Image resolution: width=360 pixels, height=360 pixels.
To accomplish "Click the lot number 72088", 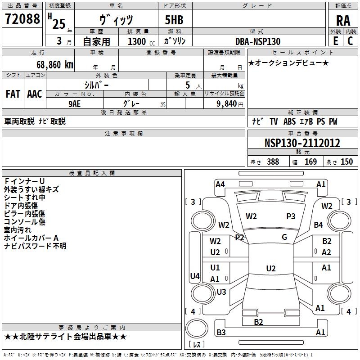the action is [x=22, y=19].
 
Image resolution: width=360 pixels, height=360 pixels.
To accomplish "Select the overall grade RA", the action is [x=343, y=21].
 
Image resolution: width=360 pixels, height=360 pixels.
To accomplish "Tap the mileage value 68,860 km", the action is [x=55, y=65].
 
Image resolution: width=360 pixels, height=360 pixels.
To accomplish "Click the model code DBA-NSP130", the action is [x=258, y=41].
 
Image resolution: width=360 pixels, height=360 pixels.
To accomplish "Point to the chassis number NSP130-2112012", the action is [x=302, y=143].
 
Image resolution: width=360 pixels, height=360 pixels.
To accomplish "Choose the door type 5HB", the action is [x=174, y=20].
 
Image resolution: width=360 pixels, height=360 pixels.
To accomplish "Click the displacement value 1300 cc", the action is [x=141, y=41].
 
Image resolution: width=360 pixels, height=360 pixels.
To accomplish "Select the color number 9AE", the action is [x=75, y=104].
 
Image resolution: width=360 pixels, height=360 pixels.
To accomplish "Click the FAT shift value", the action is [x=13, y=94].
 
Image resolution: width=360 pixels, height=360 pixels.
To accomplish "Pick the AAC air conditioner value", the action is [x=35, y=94].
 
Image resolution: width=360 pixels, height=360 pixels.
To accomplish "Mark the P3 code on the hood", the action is [x=291, y=216].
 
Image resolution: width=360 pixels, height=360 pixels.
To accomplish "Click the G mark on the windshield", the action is [x=284, y=237].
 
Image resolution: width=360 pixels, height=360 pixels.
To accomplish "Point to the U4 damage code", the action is [x=195, y=276].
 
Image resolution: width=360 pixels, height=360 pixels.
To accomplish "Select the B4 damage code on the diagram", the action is [x=319, y=225].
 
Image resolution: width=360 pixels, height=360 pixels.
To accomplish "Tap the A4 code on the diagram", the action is [x=220, y=184].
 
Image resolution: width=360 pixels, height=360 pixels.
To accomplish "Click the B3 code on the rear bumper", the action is [x=221, y=332].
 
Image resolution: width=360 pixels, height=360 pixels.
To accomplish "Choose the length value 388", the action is [x=273, y=162].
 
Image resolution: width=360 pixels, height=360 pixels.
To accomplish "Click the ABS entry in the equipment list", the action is [x=289, y=121].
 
